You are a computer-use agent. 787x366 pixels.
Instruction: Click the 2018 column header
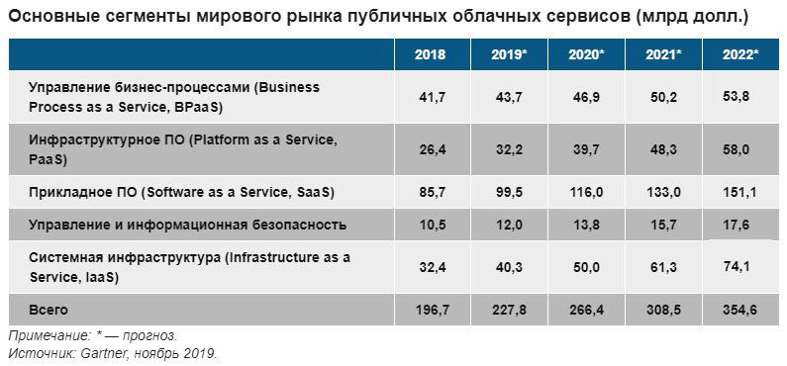(430, 55)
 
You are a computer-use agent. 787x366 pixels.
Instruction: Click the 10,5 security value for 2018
(430, 225)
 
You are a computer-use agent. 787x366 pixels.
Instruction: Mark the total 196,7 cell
(430, 310)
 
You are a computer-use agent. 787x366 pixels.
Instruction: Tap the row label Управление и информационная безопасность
(188, 225)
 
